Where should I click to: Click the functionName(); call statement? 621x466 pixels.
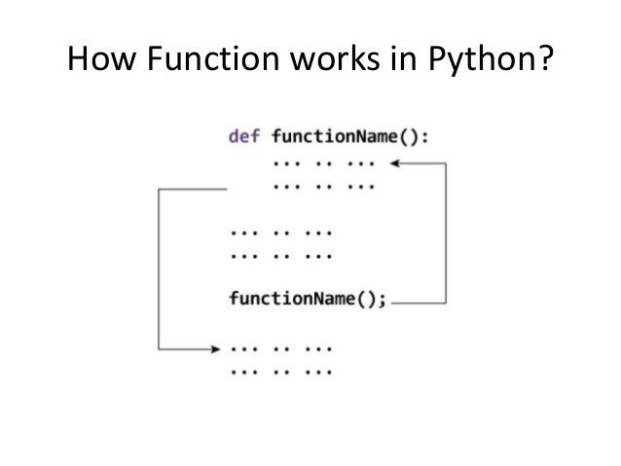pos(306,299)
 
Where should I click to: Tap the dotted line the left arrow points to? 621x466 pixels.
pos(281,347)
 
